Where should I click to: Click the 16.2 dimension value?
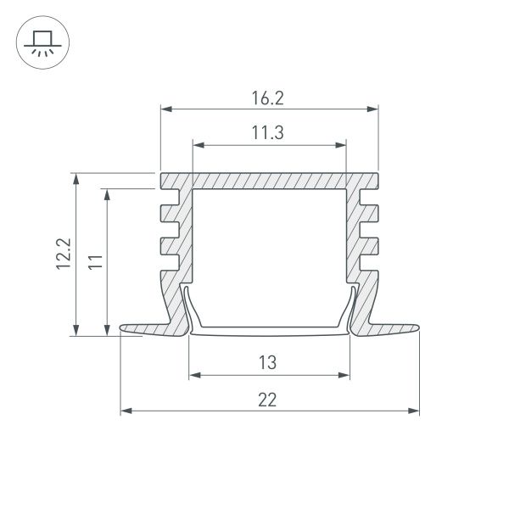pos(267,98)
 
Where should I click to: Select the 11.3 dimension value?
pos(267,132)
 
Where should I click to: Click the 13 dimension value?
pos(267,362)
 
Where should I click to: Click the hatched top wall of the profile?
pos(267,182)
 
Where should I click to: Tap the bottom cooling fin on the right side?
pos(369,247)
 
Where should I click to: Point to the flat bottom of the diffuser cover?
pos(267,331)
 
